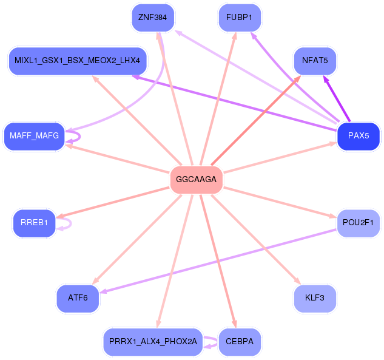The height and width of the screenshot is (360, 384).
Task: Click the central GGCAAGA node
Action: [197, 180]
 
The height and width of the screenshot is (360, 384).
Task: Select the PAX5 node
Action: [358, 135]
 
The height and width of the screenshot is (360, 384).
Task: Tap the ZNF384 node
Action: [152, 17]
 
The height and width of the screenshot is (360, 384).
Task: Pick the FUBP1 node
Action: [239, 17]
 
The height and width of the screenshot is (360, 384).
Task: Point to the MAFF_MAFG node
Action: [35, 136]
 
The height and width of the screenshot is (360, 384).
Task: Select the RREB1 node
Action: [34, 223]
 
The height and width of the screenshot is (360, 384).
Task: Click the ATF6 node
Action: [78, 298]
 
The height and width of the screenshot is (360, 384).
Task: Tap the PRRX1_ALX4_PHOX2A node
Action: [152, 342]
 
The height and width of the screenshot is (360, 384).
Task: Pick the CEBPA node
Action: [239, 342]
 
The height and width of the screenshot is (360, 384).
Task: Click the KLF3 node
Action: [314, 298]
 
